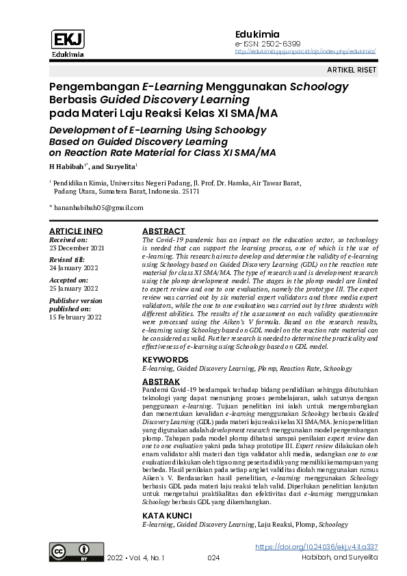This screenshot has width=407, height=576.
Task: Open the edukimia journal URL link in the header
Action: (x=305, y=51)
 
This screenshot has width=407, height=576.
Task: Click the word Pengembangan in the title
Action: (x=94, y=88)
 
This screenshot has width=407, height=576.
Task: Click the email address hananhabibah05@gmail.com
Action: (x=99, y=207)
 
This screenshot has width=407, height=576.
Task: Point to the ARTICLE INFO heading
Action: (x=76, y=231)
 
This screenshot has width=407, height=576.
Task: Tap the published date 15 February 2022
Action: (x=75, y=317)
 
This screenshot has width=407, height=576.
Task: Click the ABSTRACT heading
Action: (x=163, y=231)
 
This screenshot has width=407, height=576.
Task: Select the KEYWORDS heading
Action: (x=165, y=359)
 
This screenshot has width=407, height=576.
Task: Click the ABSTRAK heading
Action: (x=161, y=381)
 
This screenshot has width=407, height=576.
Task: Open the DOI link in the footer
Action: (x=316, y=547)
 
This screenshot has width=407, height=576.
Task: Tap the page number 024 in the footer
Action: (x=213, y=559)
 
